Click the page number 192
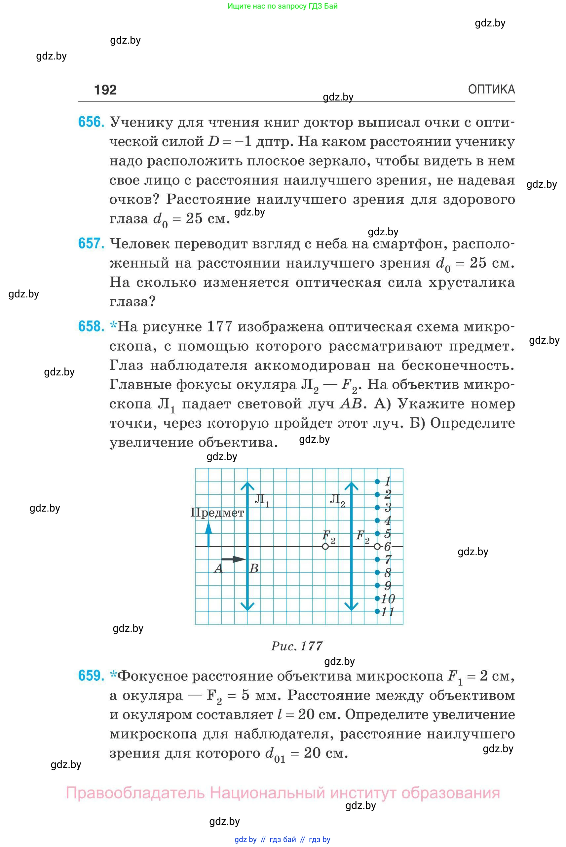coord(105,90)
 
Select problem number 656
coord(91,122)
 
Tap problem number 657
coord(91,243)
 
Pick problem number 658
coord(91,326)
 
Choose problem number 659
coord(91,675)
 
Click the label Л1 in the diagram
coord(262,500)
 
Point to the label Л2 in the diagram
coord(337,500)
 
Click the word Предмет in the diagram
coord(217,513)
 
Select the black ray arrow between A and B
coord(234,559)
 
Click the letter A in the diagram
coord(218,569)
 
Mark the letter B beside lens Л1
coord(254,569)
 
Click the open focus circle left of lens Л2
coord(325,547)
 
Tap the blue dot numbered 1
coord(377,481)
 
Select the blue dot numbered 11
coord(377,611)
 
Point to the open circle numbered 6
coord(377,547)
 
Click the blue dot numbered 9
coord(377,585)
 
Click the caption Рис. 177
coord(297,646)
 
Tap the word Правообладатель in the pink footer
coord(135,793)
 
